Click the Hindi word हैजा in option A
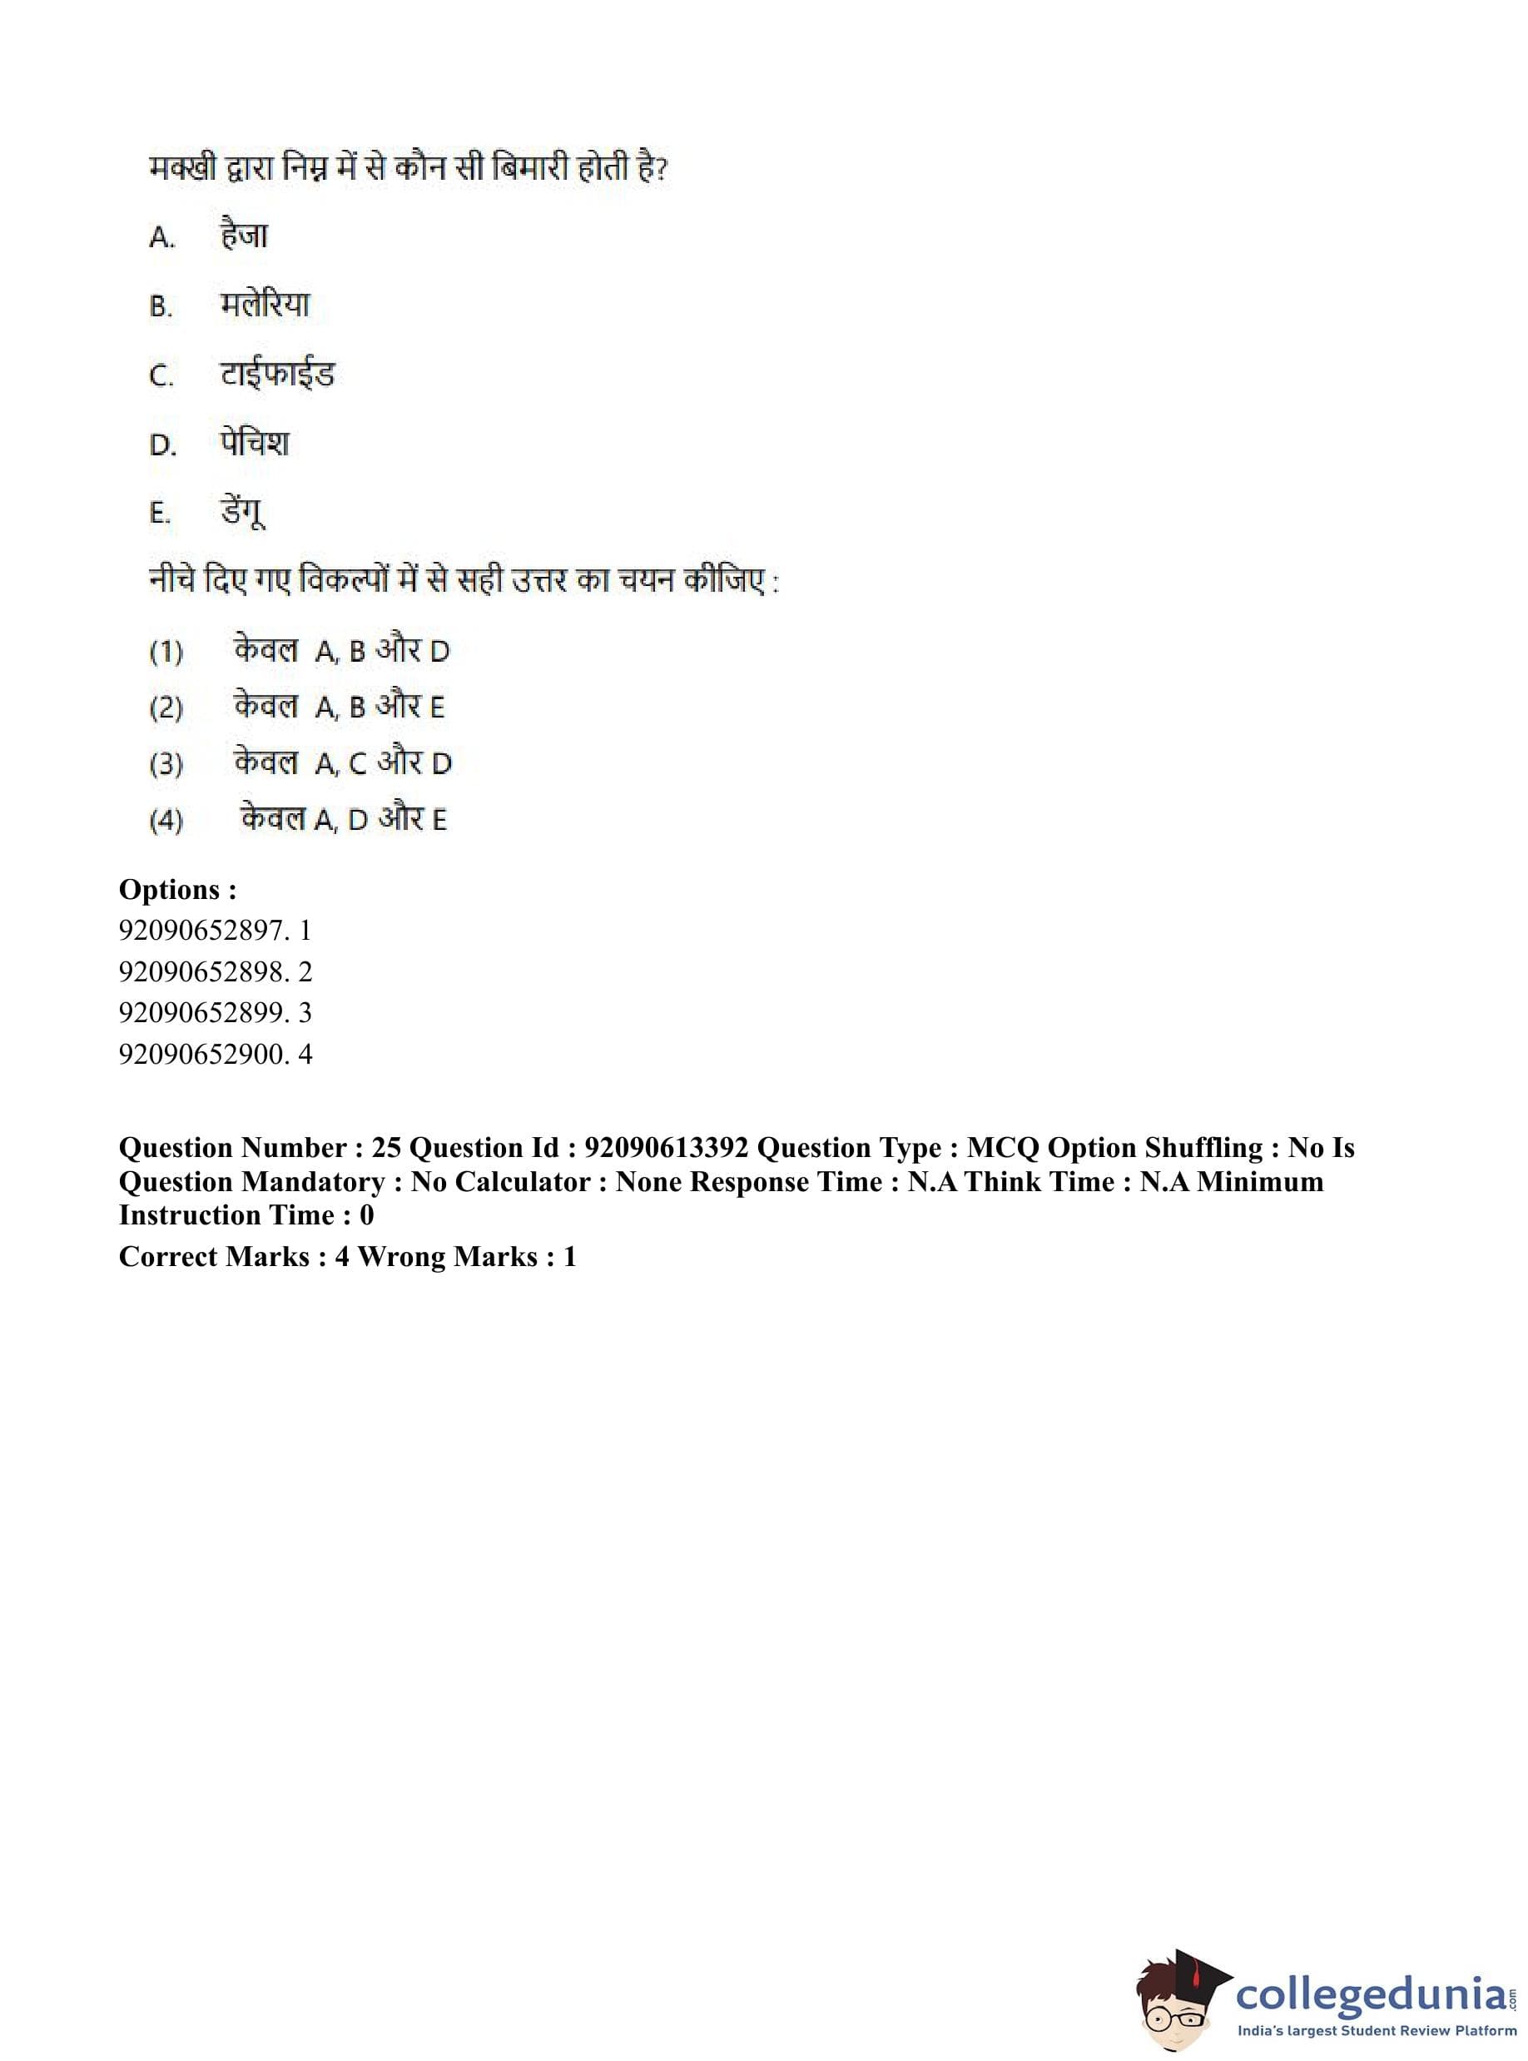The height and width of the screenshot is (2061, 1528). click(x=244, y=235)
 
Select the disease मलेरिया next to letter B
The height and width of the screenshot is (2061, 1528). click(x=265, y=305)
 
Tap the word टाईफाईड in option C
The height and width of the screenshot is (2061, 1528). click(x=276, y=374)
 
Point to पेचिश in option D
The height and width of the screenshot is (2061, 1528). click(x=255, y=443)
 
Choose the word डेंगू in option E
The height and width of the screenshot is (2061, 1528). click(x=243, y=512)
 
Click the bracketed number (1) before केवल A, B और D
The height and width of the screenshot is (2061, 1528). click(x=166, y=652)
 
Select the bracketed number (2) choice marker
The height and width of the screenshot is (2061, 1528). click(x=166, y=708)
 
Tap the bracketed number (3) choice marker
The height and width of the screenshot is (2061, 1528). click(x=166, y=764)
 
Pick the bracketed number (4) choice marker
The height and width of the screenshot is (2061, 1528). click(x=166, y=821)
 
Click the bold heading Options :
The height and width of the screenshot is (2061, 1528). click(x=177, y=889)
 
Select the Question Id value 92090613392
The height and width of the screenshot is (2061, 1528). click(x=666, y=1148)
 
